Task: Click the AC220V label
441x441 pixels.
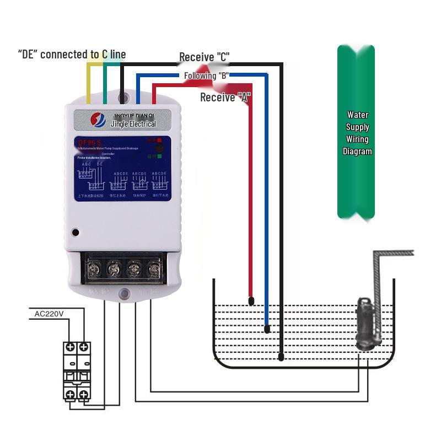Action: point(49,314)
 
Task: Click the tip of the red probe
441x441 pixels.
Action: point(251,301)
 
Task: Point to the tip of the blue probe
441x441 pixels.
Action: point(267,329)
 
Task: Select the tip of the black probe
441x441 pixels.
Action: point(281,357)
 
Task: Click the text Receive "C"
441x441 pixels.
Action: point(204,57)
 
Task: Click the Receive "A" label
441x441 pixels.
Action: point(225,98)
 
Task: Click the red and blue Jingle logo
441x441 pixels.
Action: point(98,120)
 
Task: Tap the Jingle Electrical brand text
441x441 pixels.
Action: point(133,123)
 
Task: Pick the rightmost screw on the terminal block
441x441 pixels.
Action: point(153,270)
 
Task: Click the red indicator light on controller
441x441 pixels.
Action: point(159,141)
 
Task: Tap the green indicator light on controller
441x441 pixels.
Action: point(159,157)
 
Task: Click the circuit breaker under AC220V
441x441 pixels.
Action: point(76,371)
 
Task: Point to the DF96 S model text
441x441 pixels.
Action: point(89,143)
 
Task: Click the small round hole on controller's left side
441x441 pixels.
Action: point(76,232)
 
